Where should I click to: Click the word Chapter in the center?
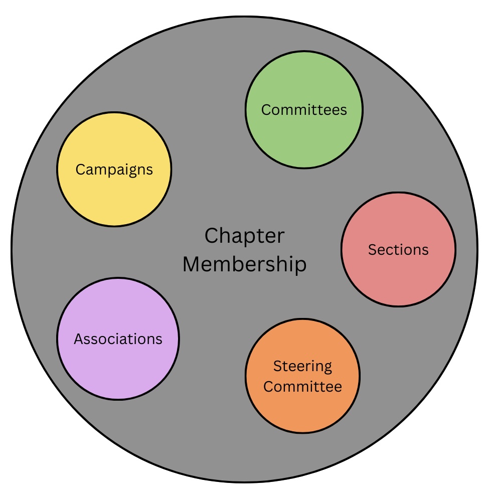(x=244, y=236)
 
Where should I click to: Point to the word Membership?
(x=244, y=264)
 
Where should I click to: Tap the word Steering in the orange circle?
(x=302, y=366)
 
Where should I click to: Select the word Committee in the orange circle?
(x=302, y=387)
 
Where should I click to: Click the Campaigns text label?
(x=114, y=170)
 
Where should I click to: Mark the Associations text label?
(x=118, y=339)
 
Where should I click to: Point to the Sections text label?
(x=398, y=250)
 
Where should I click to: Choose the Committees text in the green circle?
(x=304, y=110)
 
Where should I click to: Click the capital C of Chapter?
(x=212, y=236)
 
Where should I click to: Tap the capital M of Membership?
(x=191, y=264)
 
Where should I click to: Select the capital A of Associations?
(x=79, y=339)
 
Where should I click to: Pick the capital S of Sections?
(x=372, y=250)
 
